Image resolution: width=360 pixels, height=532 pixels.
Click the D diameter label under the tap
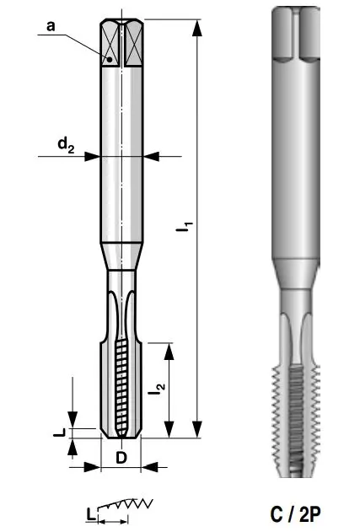pos(121,458)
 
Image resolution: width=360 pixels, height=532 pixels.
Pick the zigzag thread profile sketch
pos(126,505)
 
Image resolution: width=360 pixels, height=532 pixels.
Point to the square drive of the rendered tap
pos(298,34)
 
